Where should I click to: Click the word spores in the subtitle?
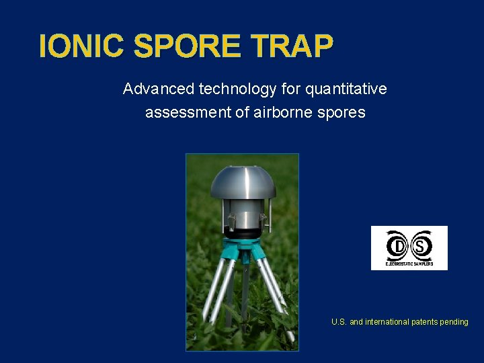(x=343, y=112)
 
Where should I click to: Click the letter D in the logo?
(x=397, y=246)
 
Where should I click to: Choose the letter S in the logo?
(x=421, y=246)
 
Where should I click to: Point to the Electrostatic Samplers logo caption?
(x=409, y=264)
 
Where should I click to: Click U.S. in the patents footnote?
(x=339, y=322)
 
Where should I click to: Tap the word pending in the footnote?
(x=454, y=322)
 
